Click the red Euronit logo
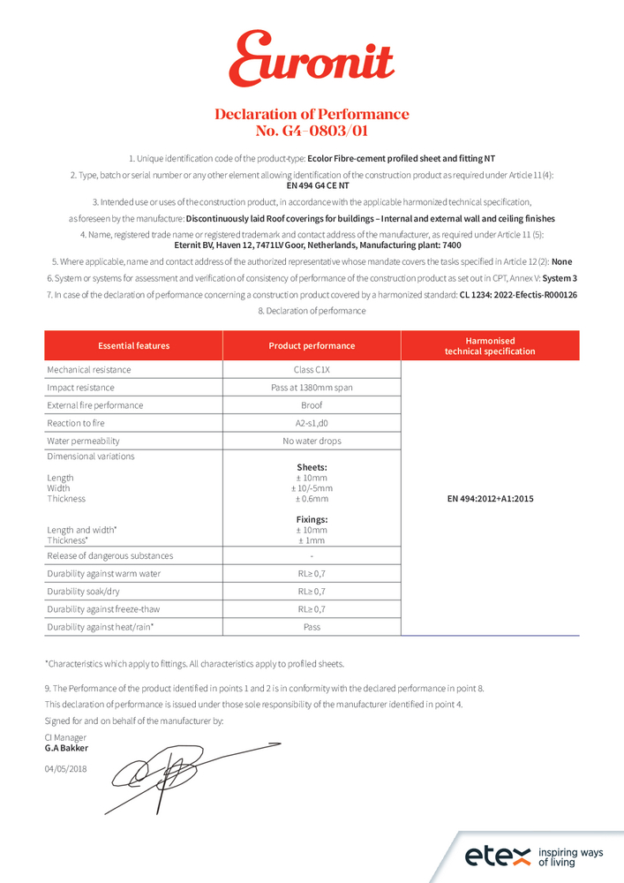coord(311,59)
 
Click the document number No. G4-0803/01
coord(312,131)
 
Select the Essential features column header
coord(133,346)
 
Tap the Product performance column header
coord(312,346)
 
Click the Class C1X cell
coord(312,370)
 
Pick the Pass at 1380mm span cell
coord(312,388)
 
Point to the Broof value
coord(312,405)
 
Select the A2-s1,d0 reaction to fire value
coord(312,423)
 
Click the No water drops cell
coord(312,441)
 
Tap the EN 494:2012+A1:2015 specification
coord(490,499)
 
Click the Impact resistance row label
coord(80,388)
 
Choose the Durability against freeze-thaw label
coord(103,609)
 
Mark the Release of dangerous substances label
coord(109,556)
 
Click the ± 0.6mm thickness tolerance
coord(312,499)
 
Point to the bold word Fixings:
coord(312,520)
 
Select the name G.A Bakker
coord(66,748)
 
